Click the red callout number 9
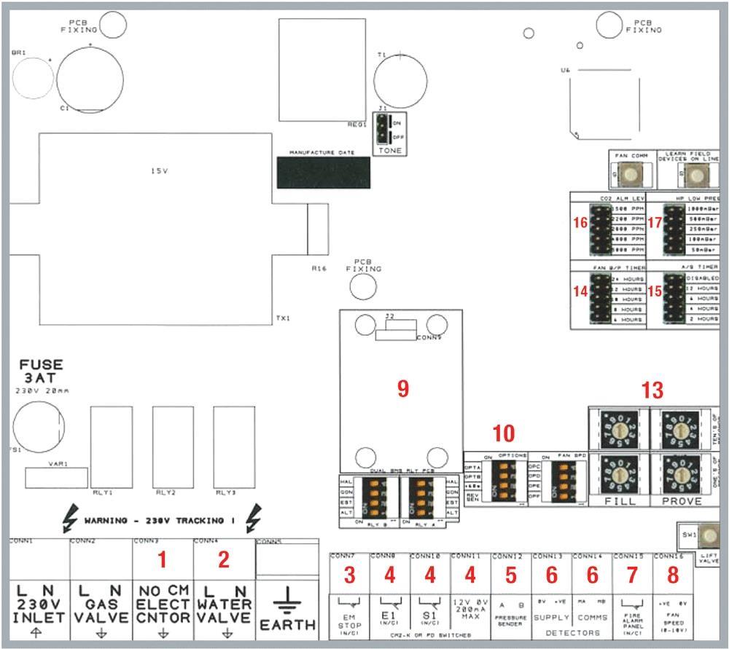(x=402, y=390)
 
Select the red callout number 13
(x=652, y=390)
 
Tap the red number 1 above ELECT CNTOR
(x=163, y=559)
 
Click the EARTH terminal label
(x=288, y=624)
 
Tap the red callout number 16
(x=581, y=224)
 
